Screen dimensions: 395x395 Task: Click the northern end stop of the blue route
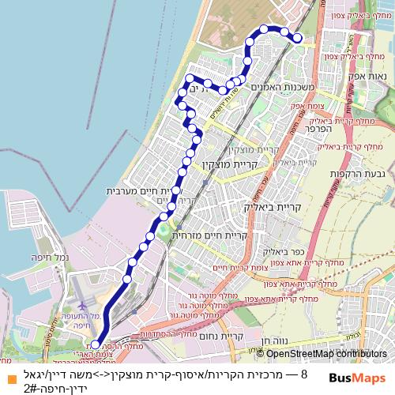(297, 38)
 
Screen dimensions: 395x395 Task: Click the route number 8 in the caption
(304, 371)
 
